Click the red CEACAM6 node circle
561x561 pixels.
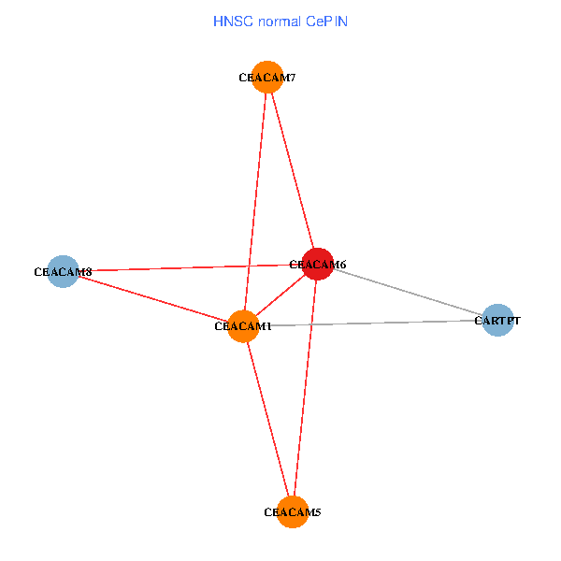[318, 264]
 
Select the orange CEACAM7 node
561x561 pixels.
[267, 77]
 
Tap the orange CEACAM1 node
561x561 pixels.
[243, 326]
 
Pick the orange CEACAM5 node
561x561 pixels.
[293, 511]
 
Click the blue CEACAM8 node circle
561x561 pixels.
[63, 272]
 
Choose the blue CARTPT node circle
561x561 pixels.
[497, 320]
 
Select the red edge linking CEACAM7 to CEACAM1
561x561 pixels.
[255, 201]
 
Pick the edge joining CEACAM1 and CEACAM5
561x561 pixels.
[267, 418]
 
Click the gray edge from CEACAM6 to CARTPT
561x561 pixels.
[408, 292]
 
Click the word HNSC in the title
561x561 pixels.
[232, 20]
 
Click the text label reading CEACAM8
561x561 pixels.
[63, 272]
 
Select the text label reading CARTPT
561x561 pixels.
[497, 321]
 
